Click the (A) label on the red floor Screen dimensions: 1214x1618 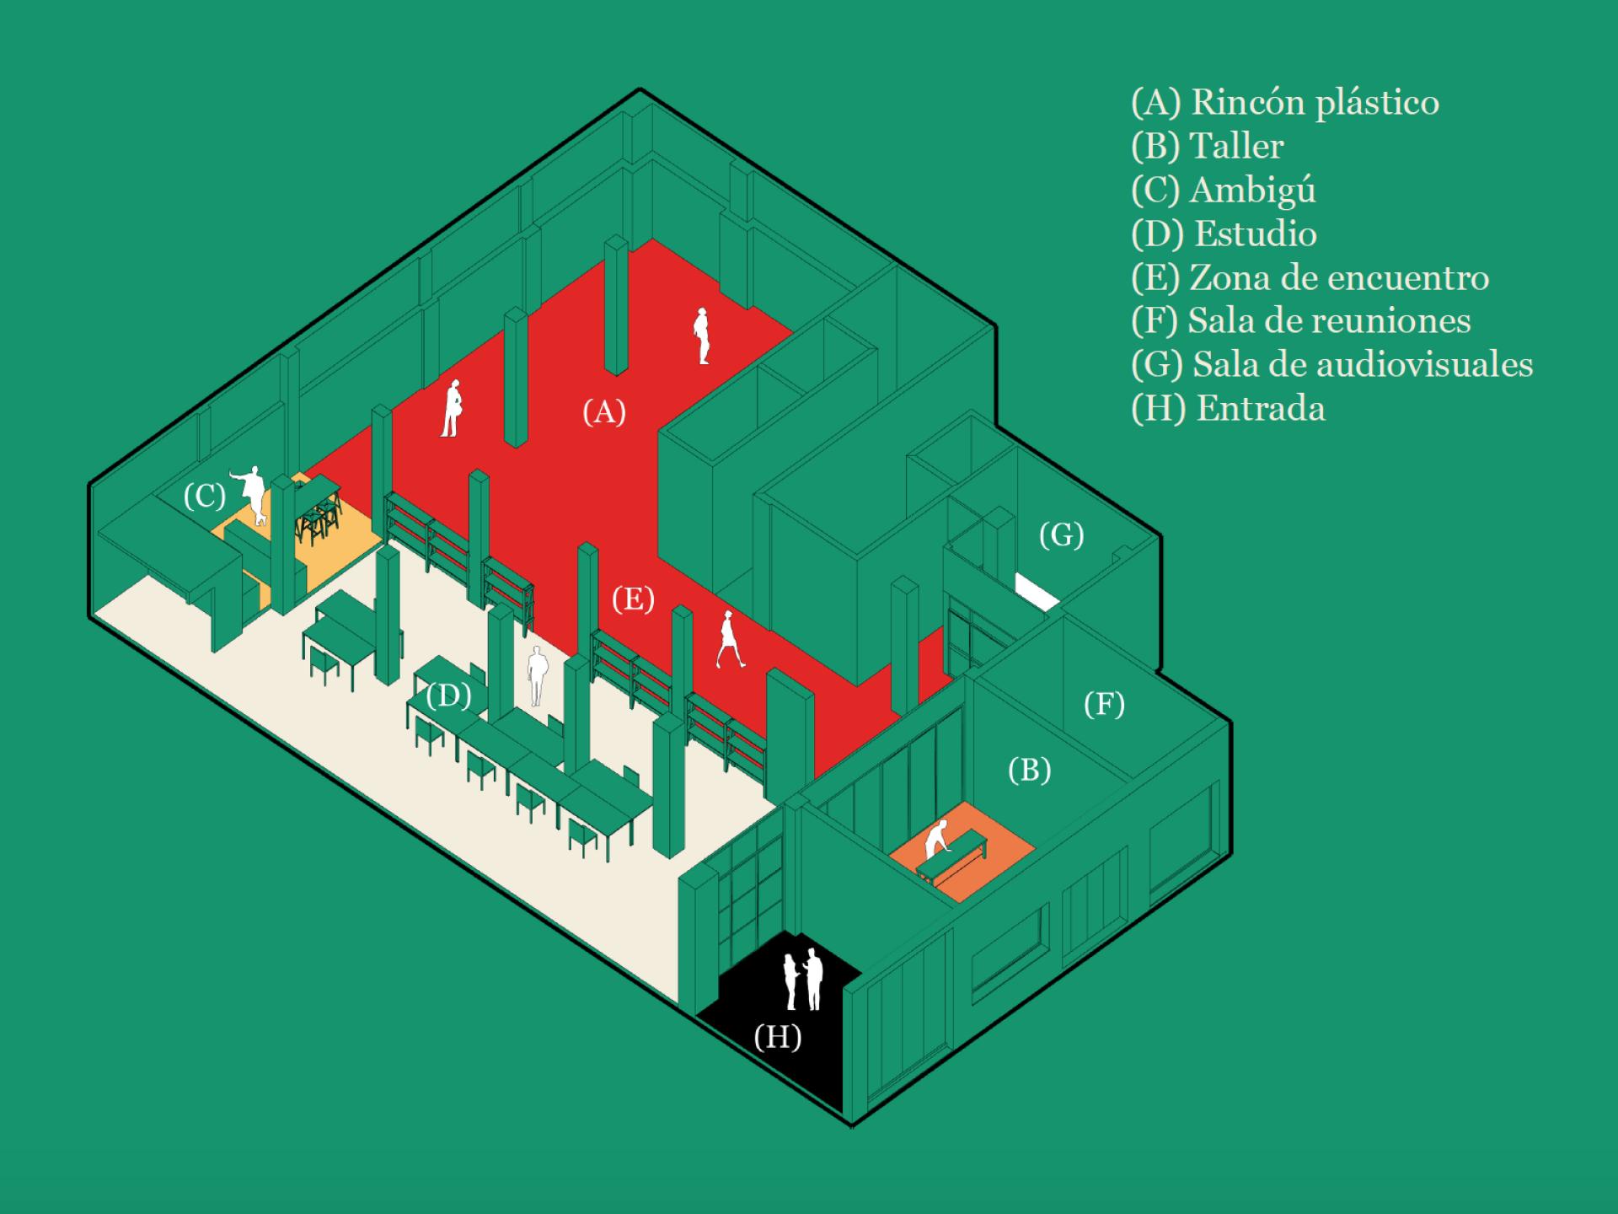tap(603, 412)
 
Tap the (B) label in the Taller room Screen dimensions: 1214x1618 tap(1029, 770)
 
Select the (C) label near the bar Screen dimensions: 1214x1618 tap(205, 497)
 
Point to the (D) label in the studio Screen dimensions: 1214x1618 tap(447, 696)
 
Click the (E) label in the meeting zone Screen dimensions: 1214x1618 tap(633, 599)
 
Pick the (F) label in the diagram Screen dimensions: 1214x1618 tap(1104, 704)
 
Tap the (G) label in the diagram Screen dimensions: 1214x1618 tap(1061, 534)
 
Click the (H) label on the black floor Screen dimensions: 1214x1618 tap(777, 1036)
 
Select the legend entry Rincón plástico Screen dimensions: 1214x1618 tap(1284, 102)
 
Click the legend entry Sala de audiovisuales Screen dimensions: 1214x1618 tap(1331, 364)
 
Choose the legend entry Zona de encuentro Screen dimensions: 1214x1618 tap(1310, 277)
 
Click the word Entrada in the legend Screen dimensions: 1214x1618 tap(1261, 409)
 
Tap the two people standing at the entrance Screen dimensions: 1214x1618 tap(803, 980)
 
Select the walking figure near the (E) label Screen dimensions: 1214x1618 tap(728, 640)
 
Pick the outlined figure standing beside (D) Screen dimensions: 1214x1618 tap(537, 675)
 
